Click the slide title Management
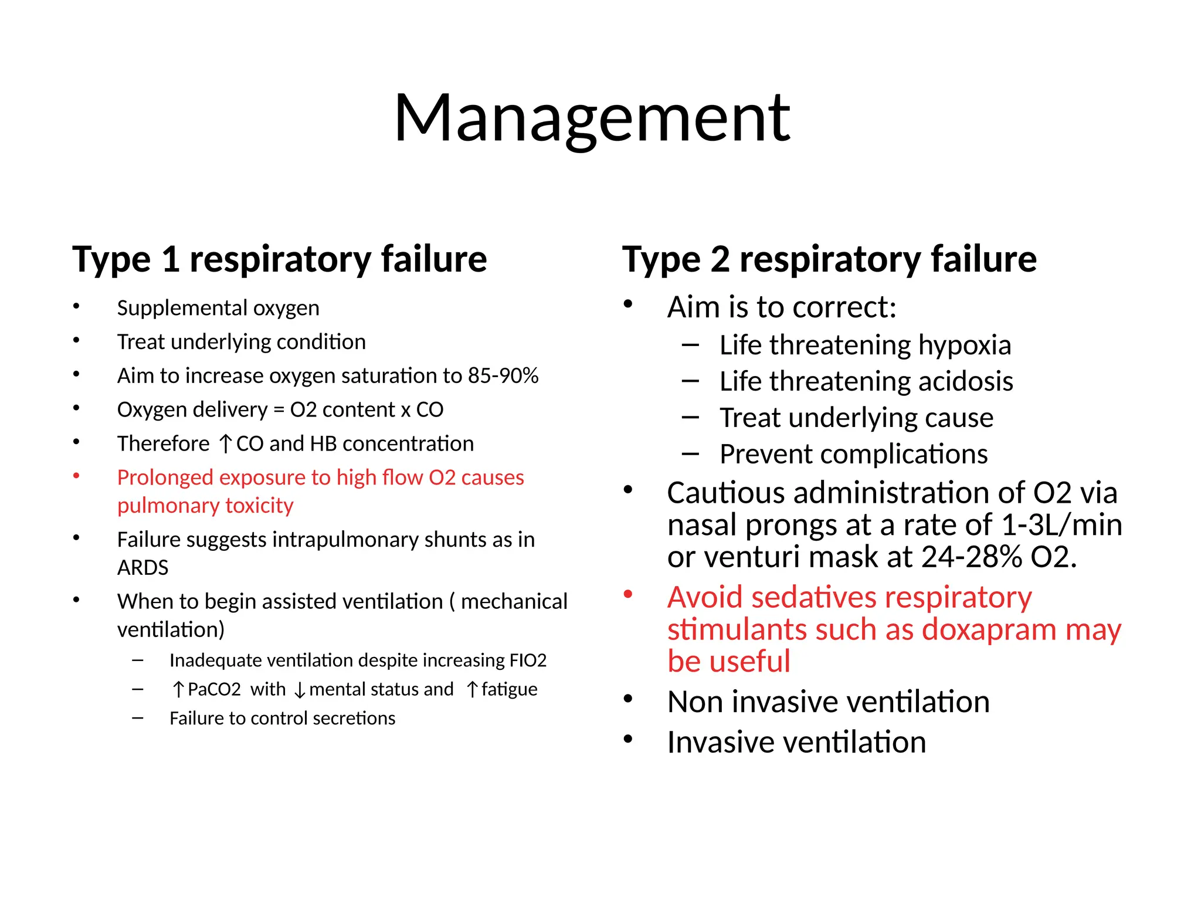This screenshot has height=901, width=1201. (x=592, y=118)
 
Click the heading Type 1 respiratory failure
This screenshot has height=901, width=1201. (x=279, y=259)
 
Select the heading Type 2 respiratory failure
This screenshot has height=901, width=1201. (x=829, y=259)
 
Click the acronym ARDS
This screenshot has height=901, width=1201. (x=143, y=568)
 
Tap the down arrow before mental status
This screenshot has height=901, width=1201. (x=300, y=690)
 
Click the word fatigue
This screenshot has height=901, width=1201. (x=509, y=689)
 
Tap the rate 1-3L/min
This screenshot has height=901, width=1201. (x=1061, y=525)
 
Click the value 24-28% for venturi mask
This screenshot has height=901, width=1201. (x=972, y=557)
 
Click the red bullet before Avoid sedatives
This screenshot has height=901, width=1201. (x=628, y=595)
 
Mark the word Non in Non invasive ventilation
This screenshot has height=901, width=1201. (x=694, y=702)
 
